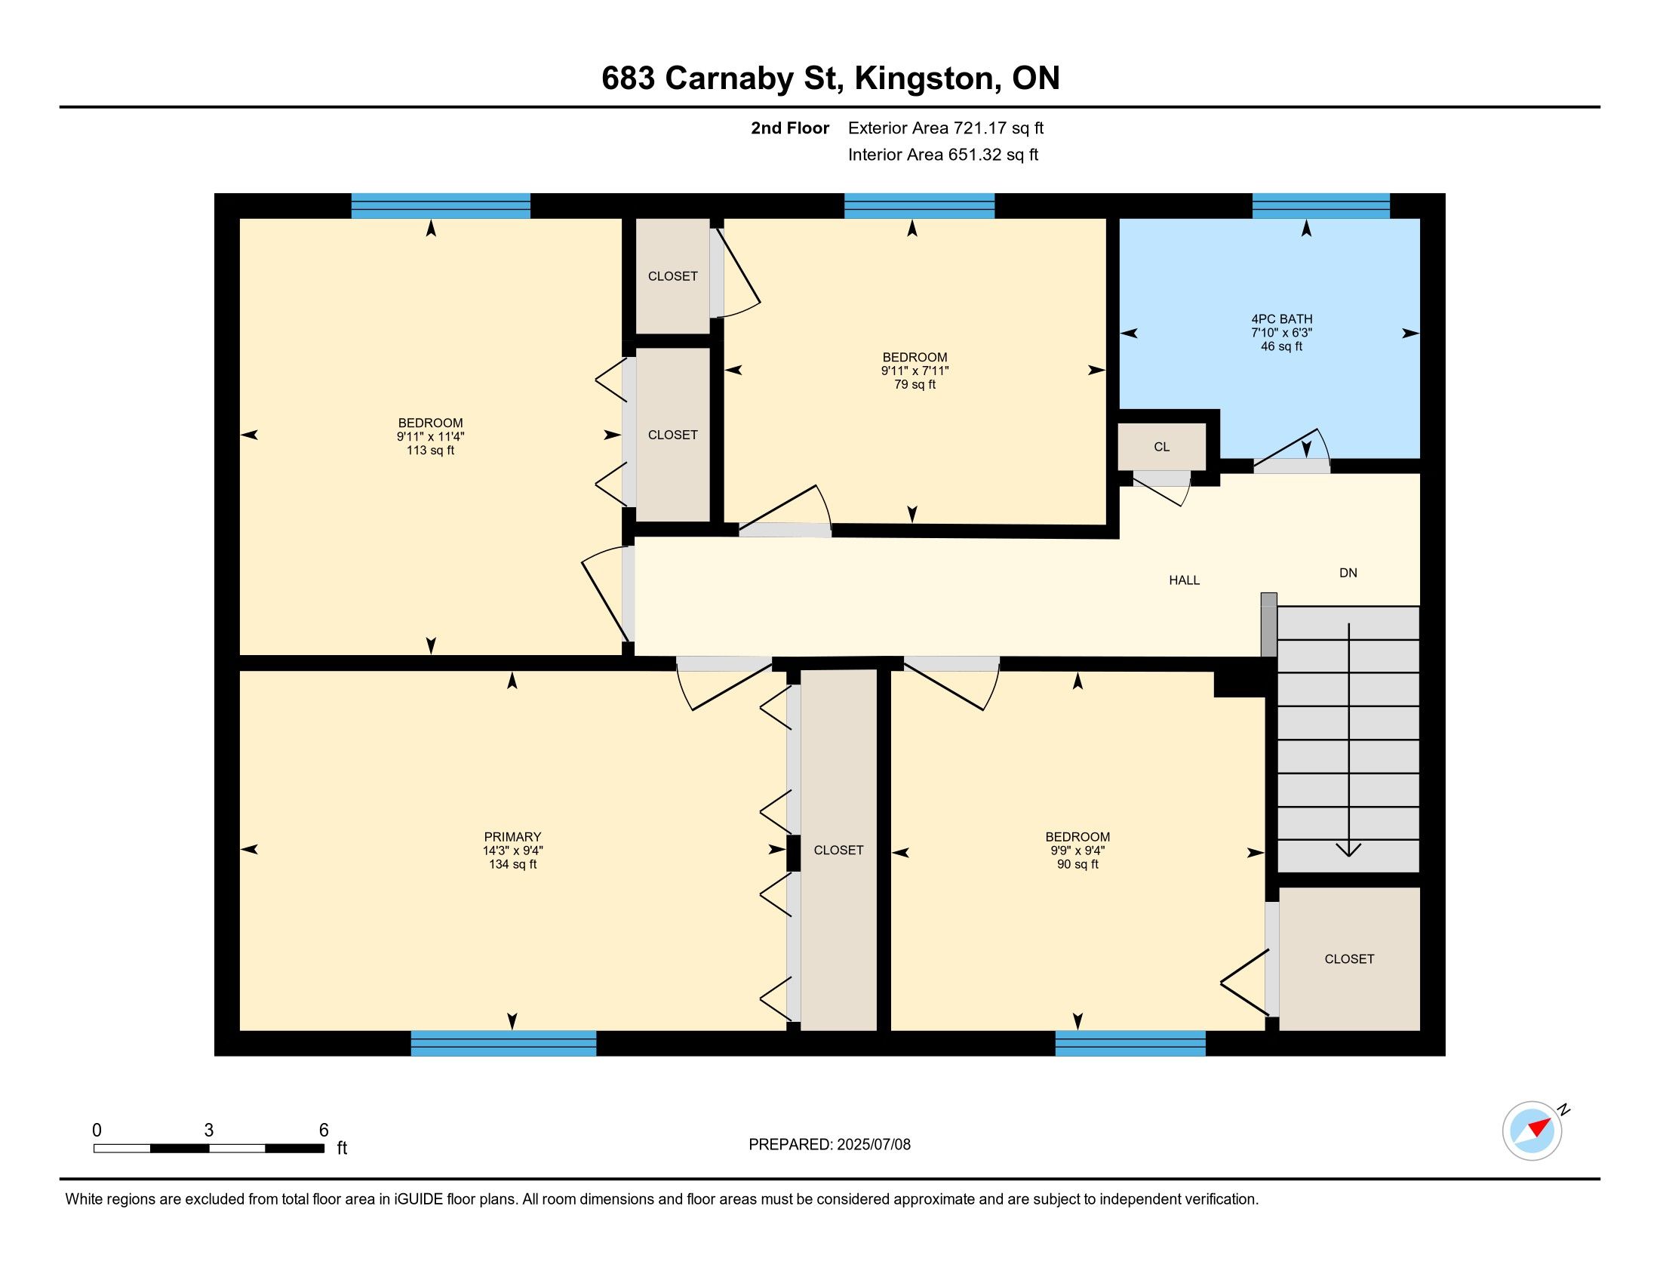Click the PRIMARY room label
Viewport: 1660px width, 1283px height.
click(x=512, y=837)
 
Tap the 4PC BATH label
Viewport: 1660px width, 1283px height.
click(x=1281, y=319)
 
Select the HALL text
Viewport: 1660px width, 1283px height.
click(x=1184, y=580)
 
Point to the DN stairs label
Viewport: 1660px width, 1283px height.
click(x=1348, y=573)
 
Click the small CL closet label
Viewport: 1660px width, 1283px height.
click(x=1161, y=447)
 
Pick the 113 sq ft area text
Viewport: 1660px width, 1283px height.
click(x=430, y=451)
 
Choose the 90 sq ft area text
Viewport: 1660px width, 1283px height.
click(x=1077, y=865)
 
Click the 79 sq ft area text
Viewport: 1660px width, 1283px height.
click(x=915, y=385)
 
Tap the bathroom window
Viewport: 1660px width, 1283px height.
click(x=1321, y=206)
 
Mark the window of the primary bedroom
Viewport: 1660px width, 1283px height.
click(x=503, y=1044)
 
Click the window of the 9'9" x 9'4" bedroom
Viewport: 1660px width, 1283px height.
click(x=1130, y=1044)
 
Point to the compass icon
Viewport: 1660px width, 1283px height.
click(x=1532, y=1131)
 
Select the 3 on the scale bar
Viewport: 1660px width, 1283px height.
click(x=209, y=1131)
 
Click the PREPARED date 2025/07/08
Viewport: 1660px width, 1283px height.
click(x=873, y=1145)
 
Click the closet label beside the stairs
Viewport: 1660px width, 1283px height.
click(x=1349, y=959)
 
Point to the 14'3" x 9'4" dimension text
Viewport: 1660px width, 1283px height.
click(x=512, y=851)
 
